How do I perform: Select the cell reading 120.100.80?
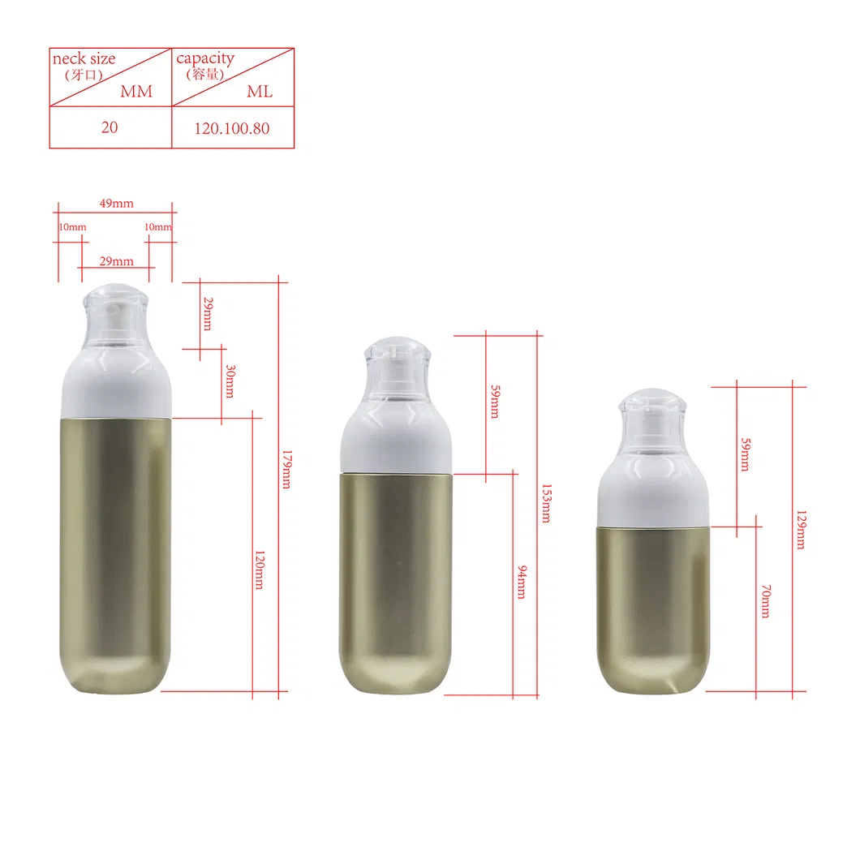(232, 128)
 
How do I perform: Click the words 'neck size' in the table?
(84, 58)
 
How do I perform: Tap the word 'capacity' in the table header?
(205, 58)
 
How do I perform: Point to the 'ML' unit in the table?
(260, 92)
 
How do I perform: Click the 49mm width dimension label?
(116, 204)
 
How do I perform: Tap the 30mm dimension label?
(230, 381)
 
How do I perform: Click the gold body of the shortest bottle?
(654, 604)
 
